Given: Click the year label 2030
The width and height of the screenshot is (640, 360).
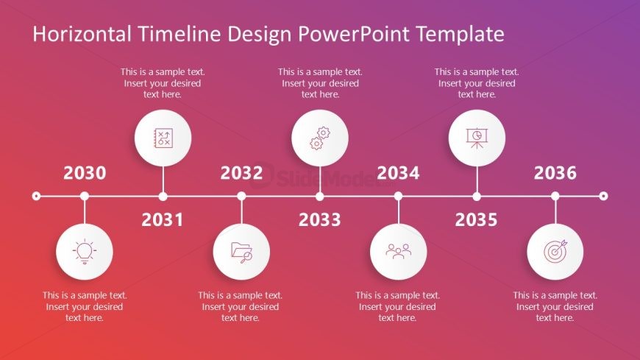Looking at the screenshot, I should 85,173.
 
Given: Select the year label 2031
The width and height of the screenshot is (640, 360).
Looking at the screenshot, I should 163,219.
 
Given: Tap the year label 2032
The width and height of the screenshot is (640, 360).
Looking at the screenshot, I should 241,173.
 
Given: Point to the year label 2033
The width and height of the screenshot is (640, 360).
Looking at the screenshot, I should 319,219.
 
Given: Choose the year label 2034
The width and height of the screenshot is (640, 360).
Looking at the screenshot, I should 398,173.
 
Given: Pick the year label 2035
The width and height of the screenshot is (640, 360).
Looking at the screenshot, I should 476,219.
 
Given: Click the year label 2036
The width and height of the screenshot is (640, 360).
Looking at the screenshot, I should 555,173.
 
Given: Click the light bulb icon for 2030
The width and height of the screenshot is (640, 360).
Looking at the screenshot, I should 85,252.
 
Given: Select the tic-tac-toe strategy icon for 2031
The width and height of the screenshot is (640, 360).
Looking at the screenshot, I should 163,138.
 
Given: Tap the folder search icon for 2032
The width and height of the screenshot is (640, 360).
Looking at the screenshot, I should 241,252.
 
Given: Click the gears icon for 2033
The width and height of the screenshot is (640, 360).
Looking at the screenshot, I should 319,138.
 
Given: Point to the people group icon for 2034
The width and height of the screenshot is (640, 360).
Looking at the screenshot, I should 398,252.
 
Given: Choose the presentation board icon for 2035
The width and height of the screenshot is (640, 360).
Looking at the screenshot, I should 476,138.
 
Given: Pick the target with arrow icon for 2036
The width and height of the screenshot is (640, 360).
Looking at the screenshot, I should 555,252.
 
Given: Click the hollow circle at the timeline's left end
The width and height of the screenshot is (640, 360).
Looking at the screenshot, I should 36,196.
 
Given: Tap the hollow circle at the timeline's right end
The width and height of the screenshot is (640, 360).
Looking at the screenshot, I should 603,196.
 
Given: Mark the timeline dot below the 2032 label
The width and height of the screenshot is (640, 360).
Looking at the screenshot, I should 241,196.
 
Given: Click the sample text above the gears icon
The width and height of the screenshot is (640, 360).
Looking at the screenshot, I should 319,83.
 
